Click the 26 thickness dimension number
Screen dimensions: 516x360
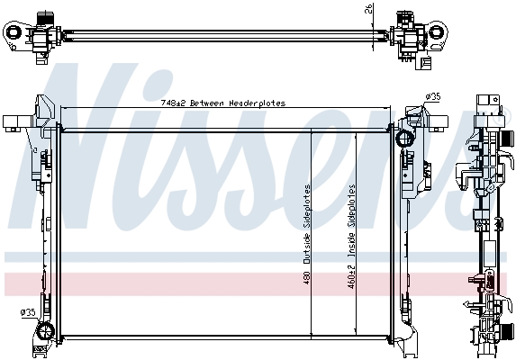[369, 8]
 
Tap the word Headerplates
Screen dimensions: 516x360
[258, 103]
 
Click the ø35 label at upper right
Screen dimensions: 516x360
[432, 97]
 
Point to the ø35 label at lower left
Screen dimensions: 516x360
[28, 312]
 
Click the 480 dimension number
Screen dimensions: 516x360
[307, 277]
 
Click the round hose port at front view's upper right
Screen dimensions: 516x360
[404, 139]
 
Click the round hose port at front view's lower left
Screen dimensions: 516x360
[45, 330]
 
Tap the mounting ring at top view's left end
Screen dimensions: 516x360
[14, 32]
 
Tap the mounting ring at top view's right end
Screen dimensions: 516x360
[437, 31]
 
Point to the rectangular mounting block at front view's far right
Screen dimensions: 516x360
[439, 121]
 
